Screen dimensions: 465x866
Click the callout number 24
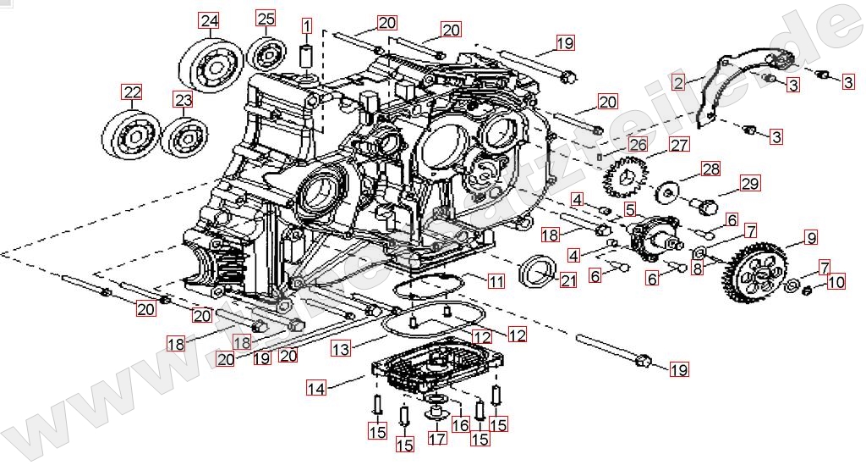[x=209, y=20]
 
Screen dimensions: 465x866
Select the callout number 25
[x=266, y=19]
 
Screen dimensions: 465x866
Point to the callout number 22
[x=131, y=91]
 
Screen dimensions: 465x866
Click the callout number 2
[x=678, y=82]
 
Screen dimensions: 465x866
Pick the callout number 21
[x=568, y=281]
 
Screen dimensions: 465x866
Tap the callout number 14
[x=315, y=389]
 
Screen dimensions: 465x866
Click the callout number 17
[x=436, y=439]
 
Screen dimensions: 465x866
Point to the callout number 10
[x=836, y=282]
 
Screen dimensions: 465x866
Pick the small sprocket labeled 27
[x=625, y=179]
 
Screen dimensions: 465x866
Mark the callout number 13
[x=340, y=348]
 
